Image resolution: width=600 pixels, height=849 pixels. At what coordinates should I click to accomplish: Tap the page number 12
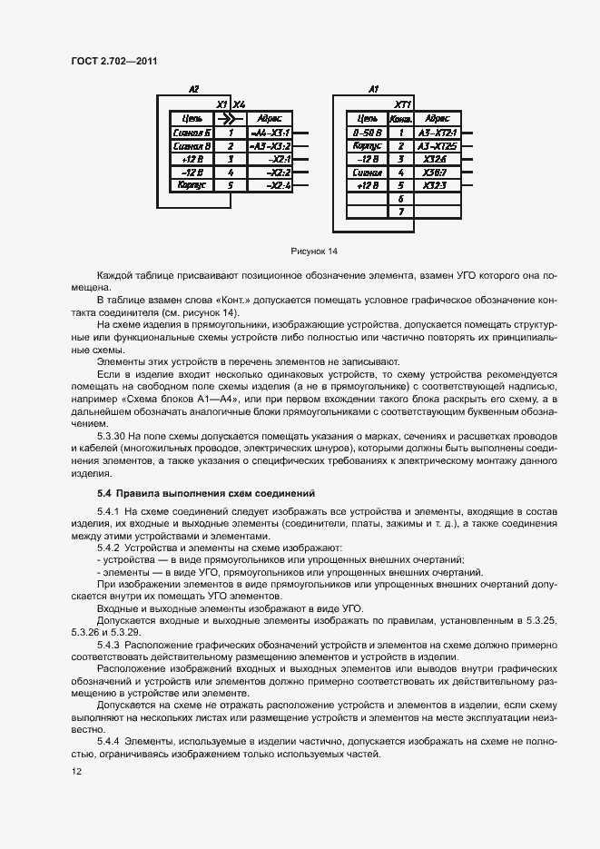coord(76,771)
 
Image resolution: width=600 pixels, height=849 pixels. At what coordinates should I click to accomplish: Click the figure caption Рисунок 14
coord(313,251)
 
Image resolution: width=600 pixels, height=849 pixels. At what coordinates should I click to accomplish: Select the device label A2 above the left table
coord(193,90)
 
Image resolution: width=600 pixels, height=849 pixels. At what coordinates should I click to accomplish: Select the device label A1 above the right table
coord(373,90)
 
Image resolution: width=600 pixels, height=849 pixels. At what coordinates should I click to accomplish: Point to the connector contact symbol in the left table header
coord(231,118)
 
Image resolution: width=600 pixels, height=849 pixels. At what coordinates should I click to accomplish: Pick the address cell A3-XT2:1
coord(437,132)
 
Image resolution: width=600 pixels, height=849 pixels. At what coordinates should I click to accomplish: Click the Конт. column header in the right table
coord(400,118)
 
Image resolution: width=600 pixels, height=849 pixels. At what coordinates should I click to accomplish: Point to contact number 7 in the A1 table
coord(400,211)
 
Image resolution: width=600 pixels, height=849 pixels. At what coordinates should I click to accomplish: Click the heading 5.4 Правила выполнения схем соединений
coord(205,493)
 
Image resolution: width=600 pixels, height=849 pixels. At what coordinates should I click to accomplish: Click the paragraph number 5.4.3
coord(110,644)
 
